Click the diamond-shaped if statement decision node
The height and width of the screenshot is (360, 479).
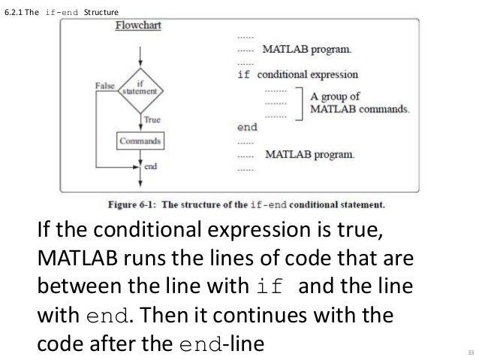pos(140,87)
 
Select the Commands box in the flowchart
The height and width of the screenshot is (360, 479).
pos(140,141)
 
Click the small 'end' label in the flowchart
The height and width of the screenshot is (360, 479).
pos(150,166)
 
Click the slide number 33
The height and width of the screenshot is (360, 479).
pos(470,352)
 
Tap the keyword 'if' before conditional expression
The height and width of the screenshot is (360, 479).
pos(244,75)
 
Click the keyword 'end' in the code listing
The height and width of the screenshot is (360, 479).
pos(247,128)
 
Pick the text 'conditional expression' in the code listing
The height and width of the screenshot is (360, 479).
pos(307,75)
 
